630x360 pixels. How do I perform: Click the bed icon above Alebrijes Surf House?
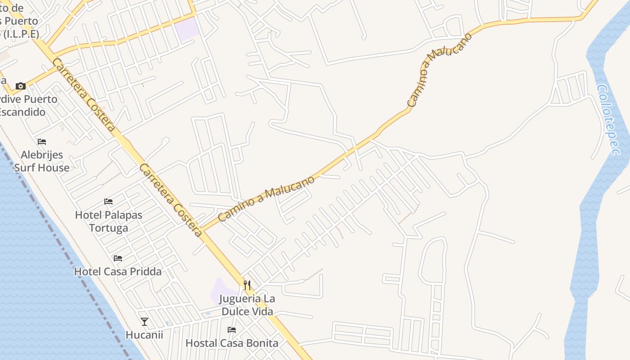coord(42,142)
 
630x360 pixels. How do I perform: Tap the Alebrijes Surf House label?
coord(42,162)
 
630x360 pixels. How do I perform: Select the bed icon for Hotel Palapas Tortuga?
coord(108,201)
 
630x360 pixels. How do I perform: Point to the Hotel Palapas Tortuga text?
coord(108,221)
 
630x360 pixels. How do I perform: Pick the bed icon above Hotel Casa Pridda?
coord(118,258)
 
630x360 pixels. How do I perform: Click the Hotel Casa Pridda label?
coord(117,271)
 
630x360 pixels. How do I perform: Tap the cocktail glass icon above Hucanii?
coord(144,321)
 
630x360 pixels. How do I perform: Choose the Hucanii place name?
coord(144,335)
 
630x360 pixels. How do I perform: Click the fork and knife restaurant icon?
coord(247,285)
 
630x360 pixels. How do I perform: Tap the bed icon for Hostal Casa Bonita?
coord(232,330)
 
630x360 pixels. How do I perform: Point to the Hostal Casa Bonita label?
coord(232,343)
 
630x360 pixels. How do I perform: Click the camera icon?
coord(20,86)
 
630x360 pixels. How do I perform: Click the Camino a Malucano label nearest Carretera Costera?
coord(266,198)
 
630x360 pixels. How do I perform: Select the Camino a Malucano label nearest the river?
coord(439,70)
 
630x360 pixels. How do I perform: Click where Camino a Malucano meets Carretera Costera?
coord(202,230)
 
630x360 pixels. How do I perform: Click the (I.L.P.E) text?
coord(20,34)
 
